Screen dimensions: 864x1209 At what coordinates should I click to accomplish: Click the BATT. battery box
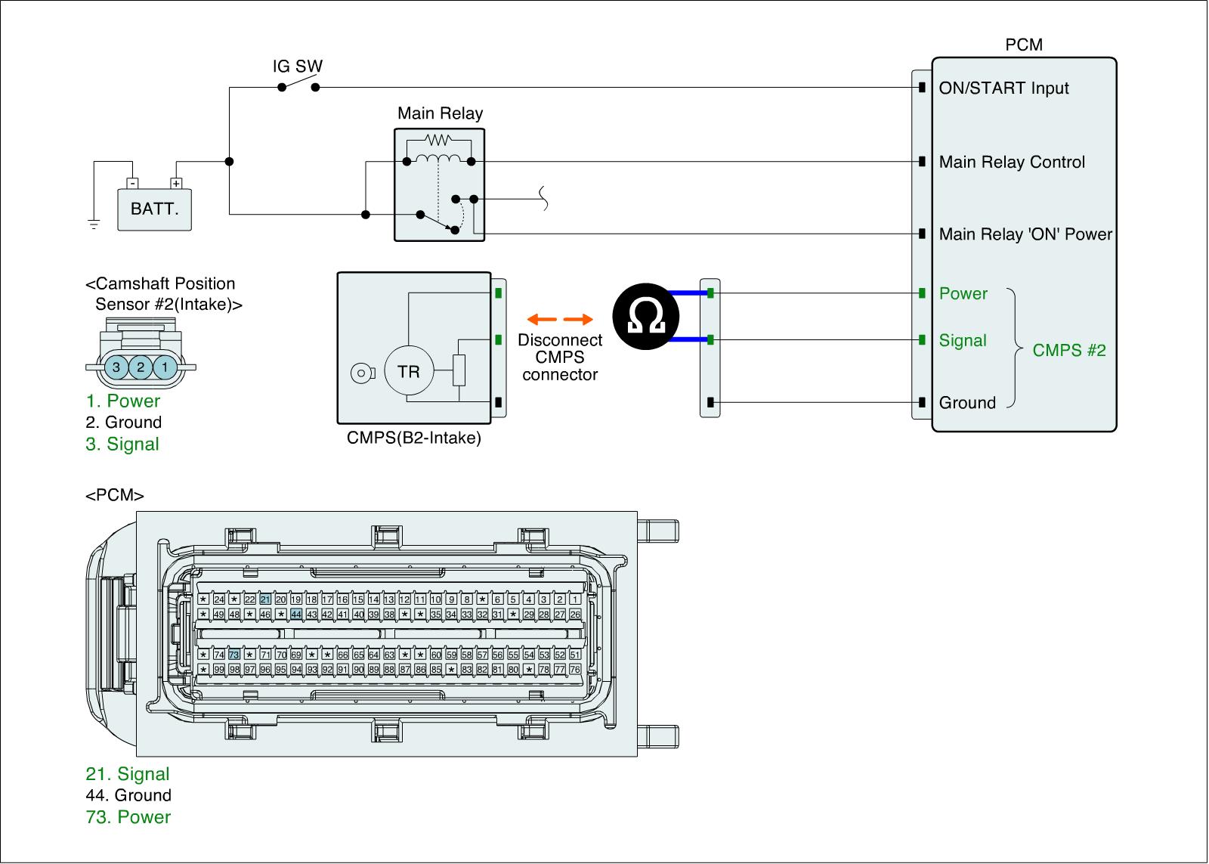[x=154, y=209]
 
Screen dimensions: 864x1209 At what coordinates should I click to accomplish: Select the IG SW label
[x=297, y=67]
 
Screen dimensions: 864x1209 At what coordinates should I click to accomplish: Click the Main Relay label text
[x=440, y=113]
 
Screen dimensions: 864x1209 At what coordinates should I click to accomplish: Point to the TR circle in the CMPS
[x=408, y=371]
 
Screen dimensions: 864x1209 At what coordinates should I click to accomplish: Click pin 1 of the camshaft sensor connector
[x=165, y=368]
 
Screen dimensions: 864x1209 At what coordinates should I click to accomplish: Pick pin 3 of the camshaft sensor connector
[x=116, y=368]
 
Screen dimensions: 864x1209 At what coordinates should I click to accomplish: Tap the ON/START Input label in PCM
[x=1003, y=88]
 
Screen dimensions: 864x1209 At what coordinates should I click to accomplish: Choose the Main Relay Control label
[x=1012, y=162]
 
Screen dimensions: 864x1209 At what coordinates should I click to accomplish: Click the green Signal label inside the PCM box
[x=963, y=340]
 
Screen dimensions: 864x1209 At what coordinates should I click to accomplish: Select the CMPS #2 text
[x=1068, y=350]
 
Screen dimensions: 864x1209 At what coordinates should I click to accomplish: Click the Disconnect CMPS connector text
[x=560, y=357]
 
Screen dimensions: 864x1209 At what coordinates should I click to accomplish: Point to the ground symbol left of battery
[x=94, y=223]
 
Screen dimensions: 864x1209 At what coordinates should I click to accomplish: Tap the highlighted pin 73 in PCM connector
[x=234, y=655]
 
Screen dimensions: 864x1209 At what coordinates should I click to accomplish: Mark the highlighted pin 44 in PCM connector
[x=296, y=615]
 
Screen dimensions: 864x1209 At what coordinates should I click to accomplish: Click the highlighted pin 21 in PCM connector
[x=265, y=599]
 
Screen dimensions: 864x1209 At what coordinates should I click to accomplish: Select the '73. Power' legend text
[x=128, y=817]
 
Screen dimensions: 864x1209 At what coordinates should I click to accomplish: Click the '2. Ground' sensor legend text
[x=124, y=423]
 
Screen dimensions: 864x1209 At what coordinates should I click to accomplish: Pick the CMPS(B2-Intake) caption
[x=413, y=438]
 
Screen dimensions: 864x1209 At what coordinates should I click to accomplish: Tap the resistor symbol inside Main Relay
[x=438, y=140]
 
